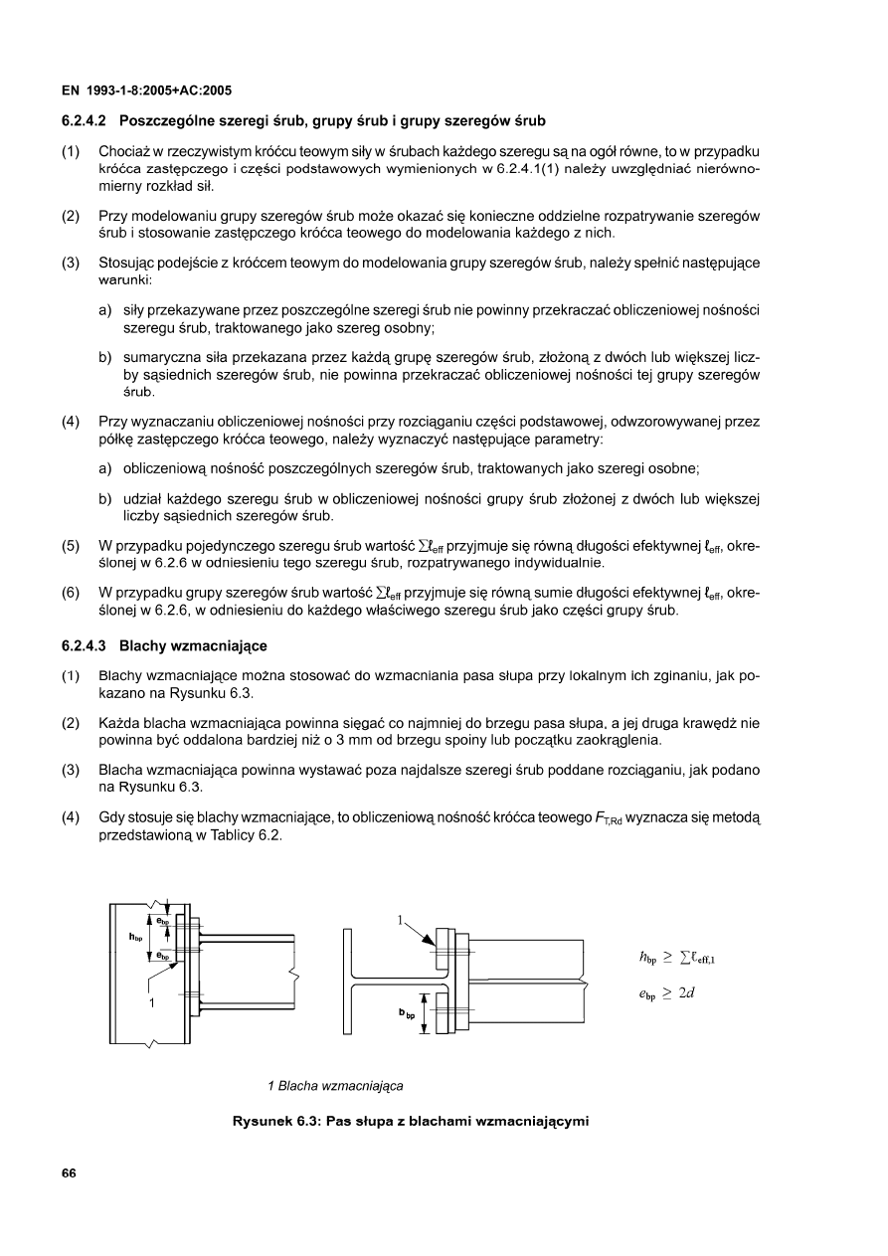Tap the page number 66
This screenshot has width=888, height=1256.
(x=69, y=1172)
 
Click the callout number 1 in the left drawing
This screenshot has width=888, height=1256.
(x=150, y=1002)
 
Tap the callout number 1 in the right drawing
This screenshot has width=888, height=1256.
(x=401, y=921)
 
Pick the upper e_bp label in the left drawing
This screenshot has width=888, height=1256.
(x=162, y=920)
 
